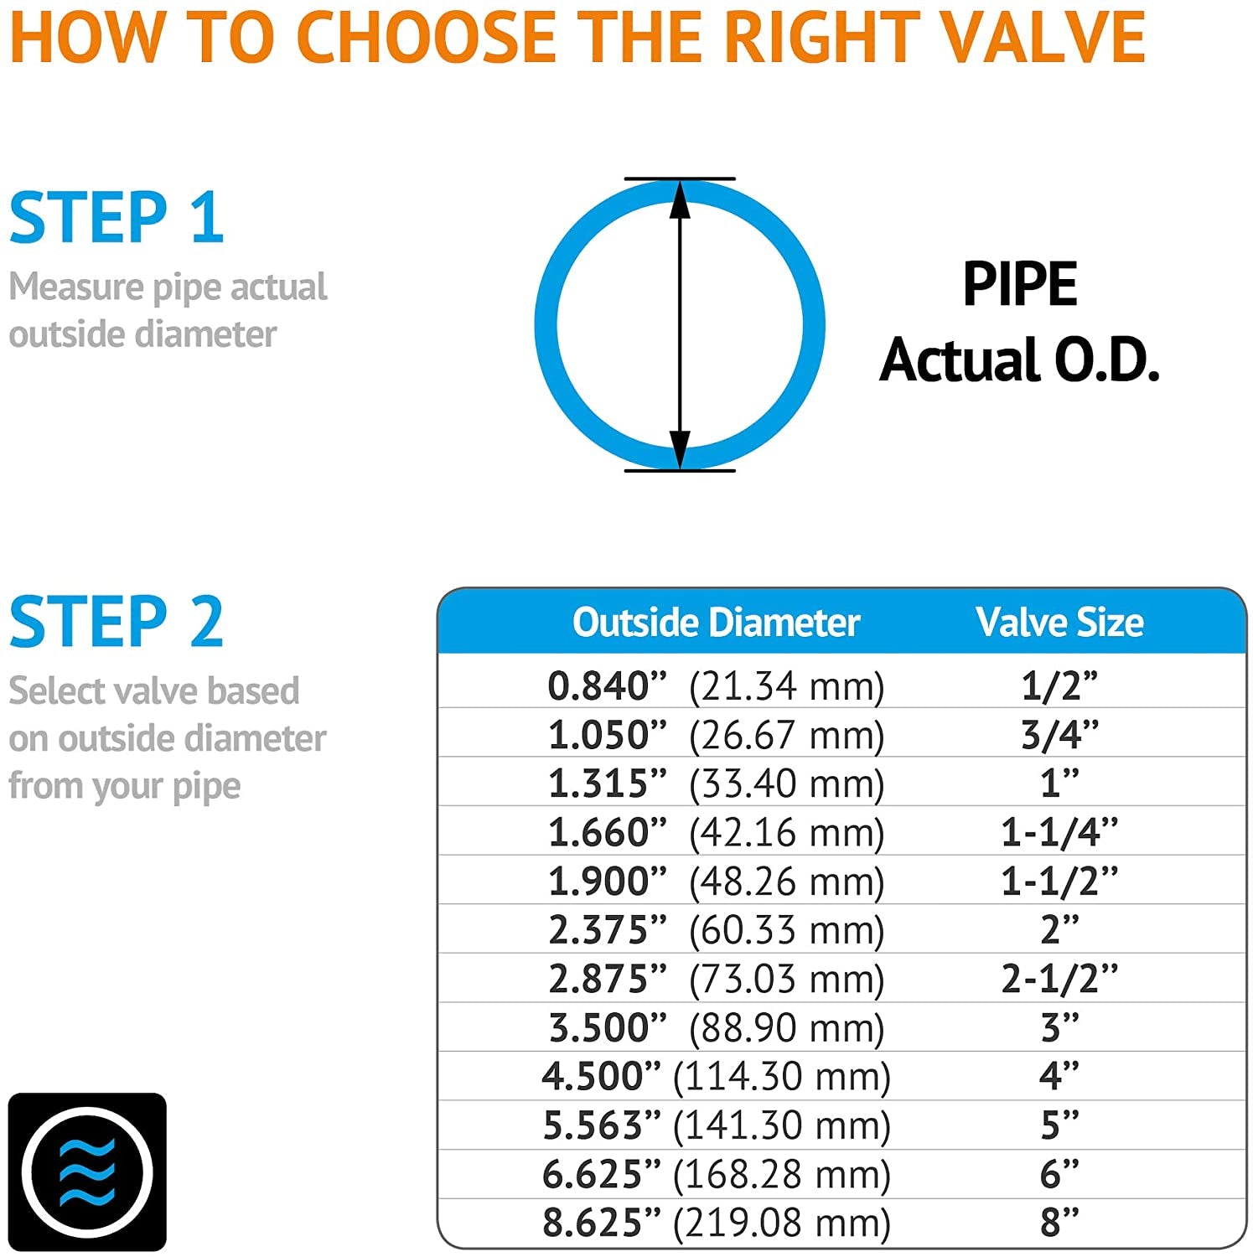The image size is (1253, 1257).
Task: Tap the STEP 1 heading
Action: (x=116, y=218)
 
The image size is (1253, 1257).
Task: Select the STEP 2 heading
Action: (x=116, y=622)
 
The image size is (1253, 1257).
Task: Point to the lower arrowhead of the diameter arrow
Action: (x=680, y=447)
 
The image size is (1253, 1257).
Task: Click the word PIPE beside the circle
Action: (x=1019, y=285)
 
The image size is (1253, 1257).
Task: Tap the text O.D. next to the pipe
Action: (x=1106, y=360)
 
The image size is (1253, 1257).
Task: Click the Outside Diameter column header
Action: (x=716, y=623)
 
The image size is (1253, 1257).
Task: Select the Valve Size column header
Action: (x=1059, y=623)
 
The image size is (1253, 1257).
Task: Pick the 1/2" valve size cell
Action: (x=1059, y=686)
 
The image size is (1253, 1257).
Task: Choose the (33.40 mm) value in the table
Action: (x=786, y=784)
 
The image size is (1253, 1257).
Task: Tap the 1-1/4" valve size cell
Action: (x=1059, y=832)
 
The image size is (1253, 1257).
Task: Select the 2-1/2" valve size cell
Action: (x=1059, y=979)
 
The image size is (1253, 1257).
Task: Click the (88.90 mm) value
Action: (x=786, y=1027)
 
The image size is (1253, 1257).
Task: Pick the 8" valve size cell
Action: (x=1059, y=1223)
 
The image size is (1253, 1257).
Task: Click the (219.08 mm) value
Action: (x=781, y=1223)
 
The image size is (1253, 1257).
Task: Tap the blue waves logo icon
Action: (x=87, y=1172)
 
